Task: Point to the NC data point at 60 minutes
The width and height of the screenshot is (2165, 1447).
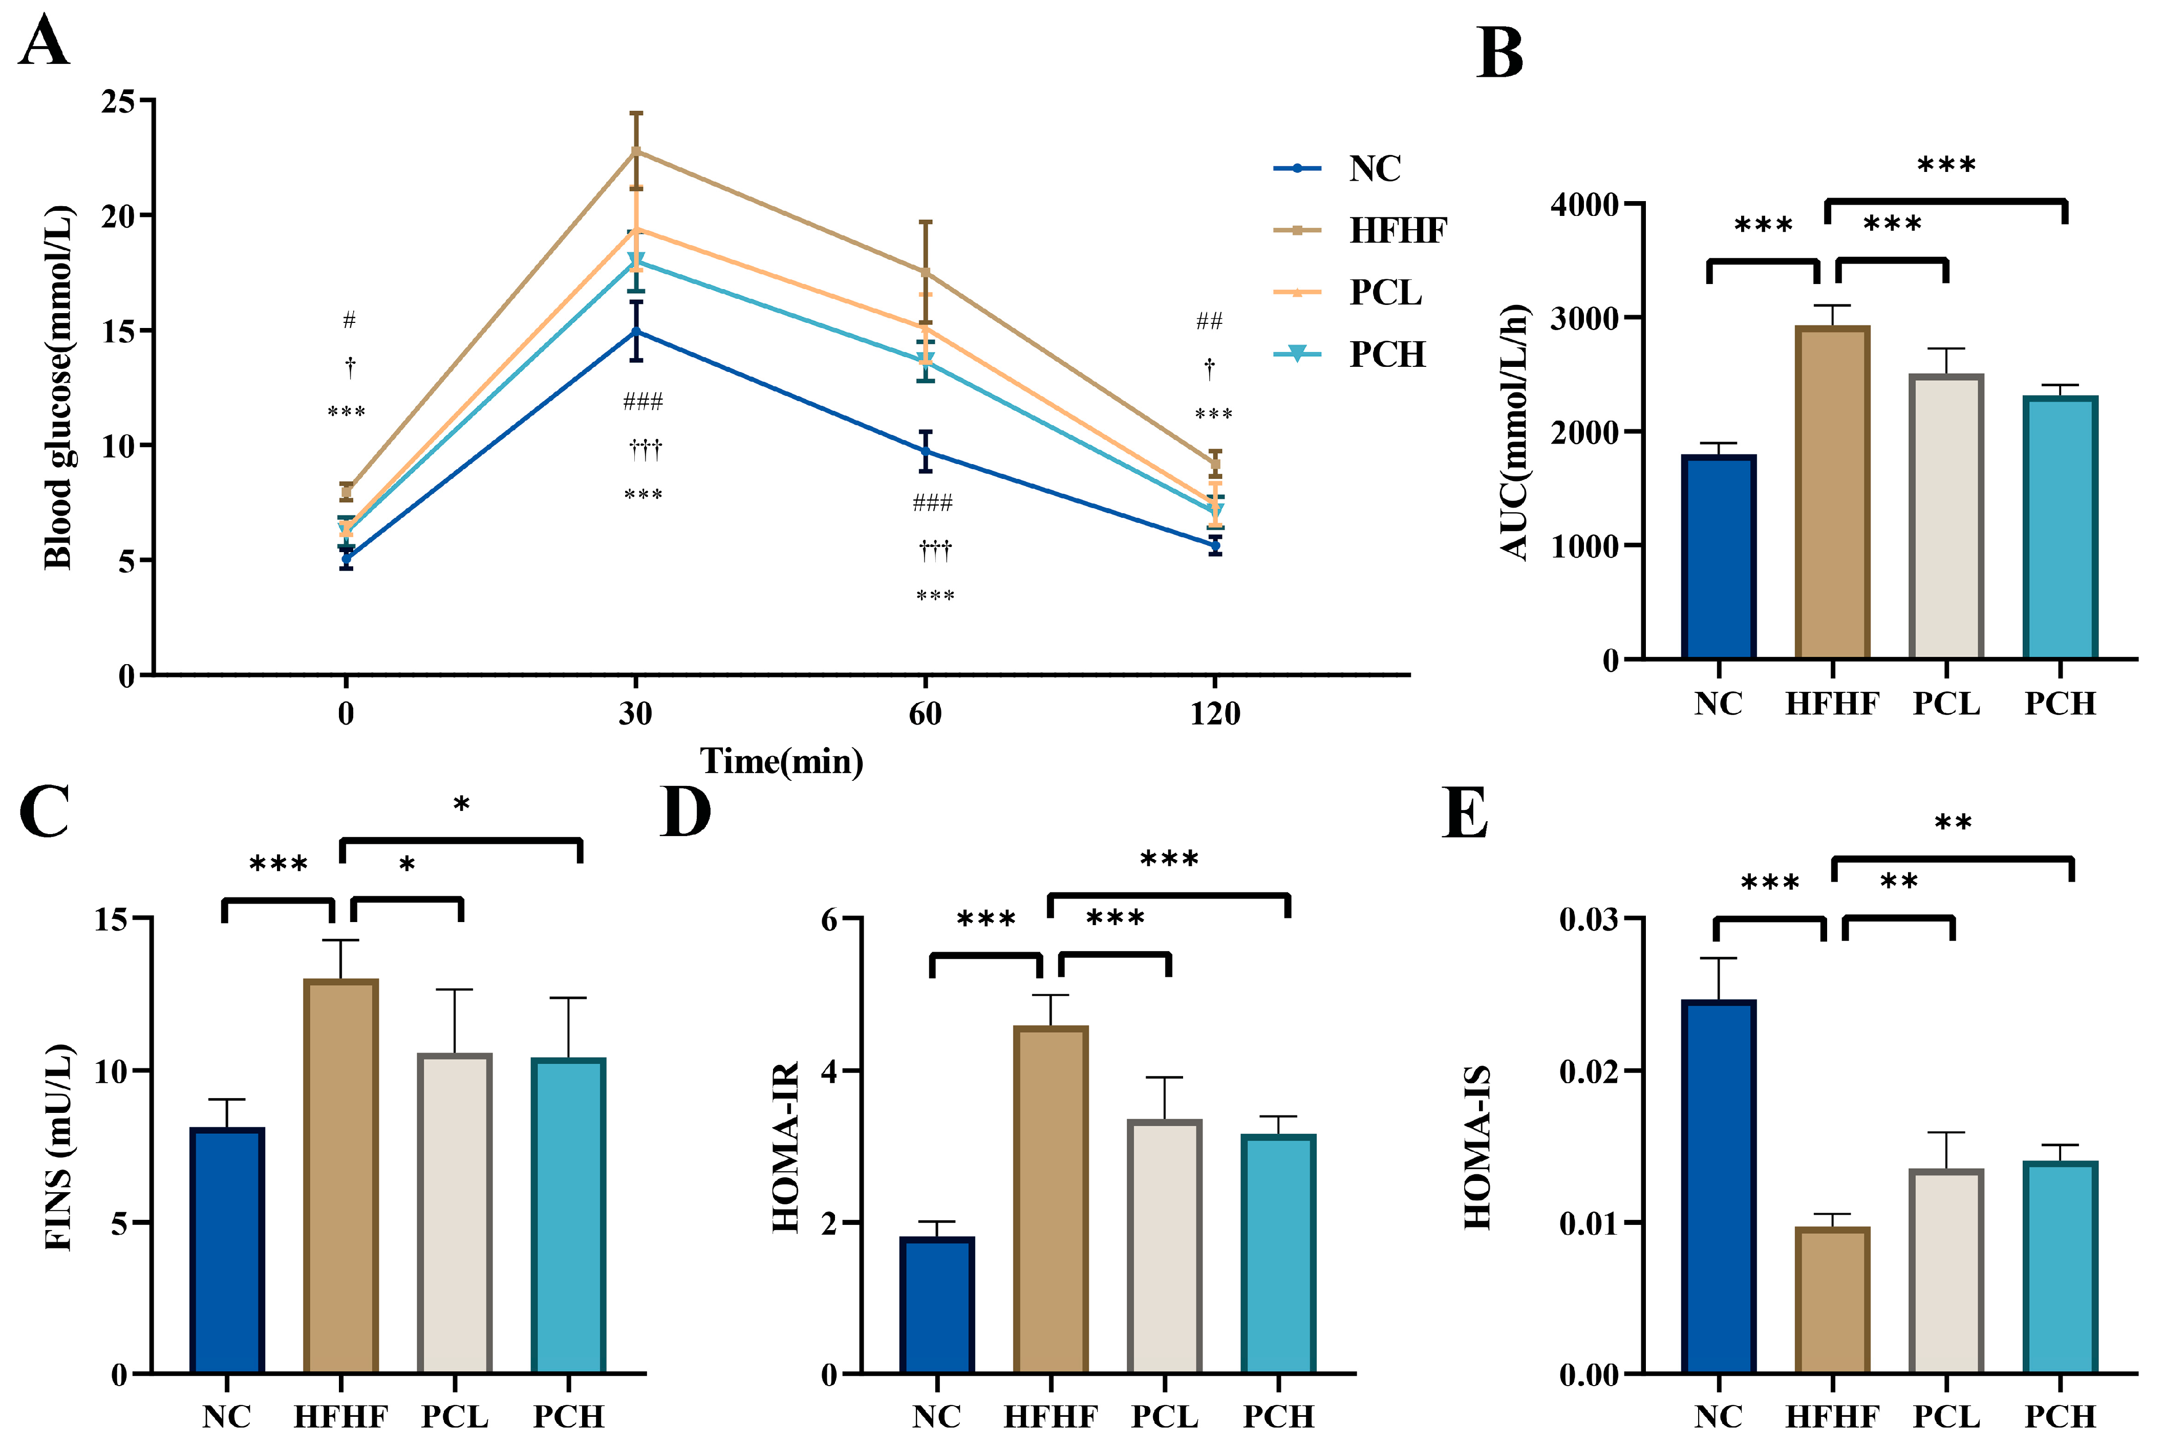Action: tap(925, 451)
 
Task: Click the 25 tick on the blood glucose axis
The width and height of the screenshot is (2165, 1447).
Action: tap(118, 101)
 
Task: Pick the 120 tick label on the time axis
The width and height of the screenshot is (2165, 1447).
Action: tap(1215, 713)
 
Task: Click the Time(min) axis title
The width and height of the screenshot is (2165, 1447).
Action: tap(782, 761)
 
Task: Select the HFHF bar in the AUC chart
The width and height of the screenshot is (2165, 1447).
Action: tap(1833, 492)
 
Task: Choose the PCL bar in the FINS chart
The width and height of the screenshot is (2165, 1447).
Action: tap(454, 1214)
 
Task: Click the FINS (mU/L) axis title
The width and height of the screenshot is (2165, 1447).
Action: tap(58, 1147)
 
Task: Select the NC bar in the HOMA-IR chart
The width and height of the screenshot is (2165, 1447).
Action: tap(937, 1306)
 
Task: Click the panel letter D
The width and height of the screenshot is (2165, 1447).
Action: tap(685, 812)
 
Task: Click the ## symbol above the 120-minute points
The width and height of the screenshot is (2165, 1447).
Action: tap(1209, 321)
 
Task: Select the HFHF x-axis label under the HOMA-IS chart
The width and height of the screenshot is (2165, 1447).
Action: tap(1833, 1416)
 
